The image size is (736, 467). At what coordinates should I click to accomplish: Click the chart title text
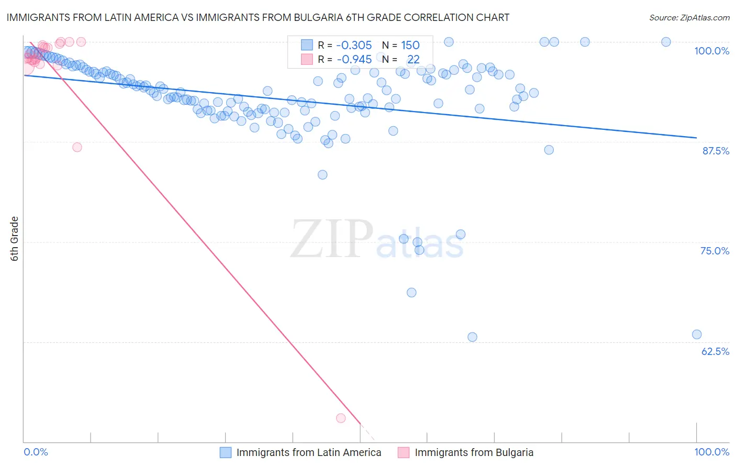point(258,17)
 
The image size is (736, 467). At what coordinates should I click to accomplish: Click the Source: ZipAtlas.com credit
point(689,17)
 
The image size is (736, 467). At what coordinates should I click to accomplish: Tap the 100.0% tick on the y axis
point(711,51)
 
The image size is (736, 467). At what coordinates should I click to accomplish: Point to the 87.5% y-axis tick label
point(715,151)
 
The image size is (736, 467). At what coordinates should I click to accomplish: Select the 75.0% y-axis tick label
point(715,251)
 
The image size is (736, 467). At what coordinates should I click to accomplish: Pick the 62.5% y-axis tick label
point(715,351)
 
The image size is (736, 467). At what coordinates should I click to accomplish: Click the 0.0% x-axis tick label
point(36,452)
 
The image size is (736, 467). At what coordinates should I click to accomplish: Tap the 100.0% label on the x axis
point(711,452)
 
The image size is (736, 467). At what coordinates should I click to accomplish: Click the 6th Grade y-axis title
point(15,239)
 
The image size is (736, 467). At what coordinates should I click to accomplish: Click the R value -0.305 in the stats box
point(354,45)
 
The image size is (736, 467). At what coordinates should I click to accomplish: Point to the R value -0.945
point(354,59)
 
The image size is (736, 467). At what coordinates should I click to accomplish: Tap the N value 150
point(410,45)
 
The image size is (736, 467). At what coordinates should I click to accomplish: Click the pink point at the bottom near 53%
point(341,418)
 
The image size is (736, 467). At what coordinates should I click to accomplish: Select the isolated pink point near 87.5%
point(77,147)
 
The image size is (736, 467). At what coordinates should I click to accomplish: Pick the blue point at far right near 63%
point(697,335)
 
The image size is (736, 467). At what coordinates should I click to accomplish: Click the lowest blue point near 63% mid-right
point(472,337)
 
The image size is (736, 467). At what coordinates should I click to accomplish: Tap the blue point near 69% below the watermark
point(411,293)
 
